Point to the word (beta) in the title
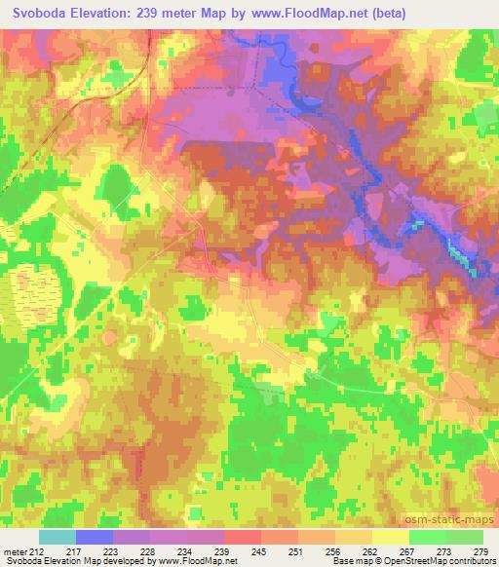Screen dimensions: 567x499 (x=386, y=14)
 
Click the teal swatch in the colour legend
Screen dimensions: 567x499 (x=58, y=537)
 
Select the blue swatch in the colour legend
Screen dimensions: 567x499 (x=95, y=537)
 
